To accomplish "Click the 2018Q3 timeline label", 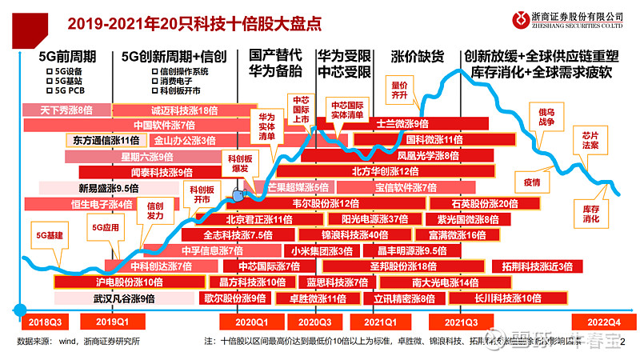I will (x=45, y=321).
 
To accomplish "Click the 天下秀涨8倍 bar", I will (x=66, y=110).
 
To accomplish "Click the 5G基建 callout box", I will (x=50, y=235).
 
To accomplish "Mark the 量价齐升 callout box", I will (x=401, y=89).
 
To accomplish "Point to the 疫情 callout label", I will (x=532, y=182).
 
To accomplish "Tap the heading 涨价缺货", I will (x=417, y=57).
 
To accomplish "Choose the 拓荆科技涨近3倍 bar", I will (x=537, y=266).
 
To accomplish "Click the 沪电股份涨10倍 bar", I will (x=129, y=282).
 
